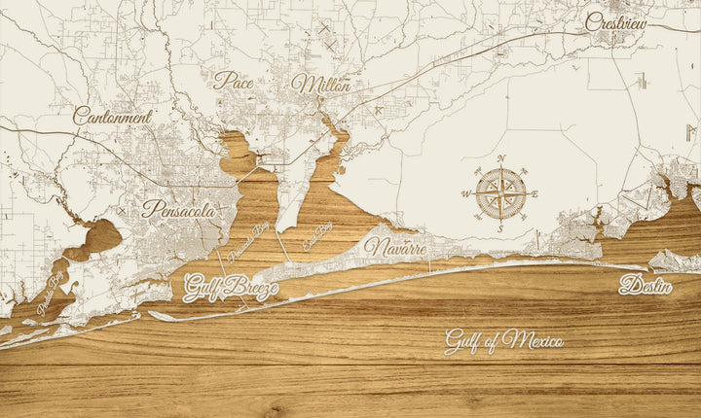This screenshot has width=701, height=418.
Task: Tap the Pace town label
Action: click(x=234, y=81)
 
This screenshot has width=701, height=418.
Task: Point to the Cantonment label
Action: click(x=113, y=116)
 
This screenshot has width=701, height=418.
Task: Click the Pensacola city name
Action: click(x=179, y=208)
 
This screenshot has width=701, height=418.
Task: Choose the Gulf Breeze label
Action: click(x=231, y=288)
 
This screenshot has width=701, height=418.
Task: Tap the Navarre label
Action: click(x=395, y=247)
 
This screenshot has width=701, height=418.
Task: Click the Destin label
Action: click(x=646, y=285)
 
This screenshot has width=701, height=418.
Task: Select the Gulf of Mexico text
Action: click(x=503, y=340)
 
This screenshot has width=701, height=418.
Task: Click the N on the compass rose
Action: click(x=500, y=157)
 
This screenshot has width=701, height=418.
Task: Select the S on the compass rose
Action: click(x=500, y=228)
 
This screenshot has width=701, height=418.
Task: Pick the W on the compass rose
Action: click(x=464, y=193)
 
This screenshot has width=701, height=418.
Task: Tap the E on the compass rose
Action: click(x=535, y=193)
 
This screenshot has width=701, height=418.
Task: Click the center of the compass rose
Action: click(x=500, y=193)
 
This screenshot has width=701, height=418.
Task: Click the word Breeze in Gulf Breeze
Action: click(x=251, y=289)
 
